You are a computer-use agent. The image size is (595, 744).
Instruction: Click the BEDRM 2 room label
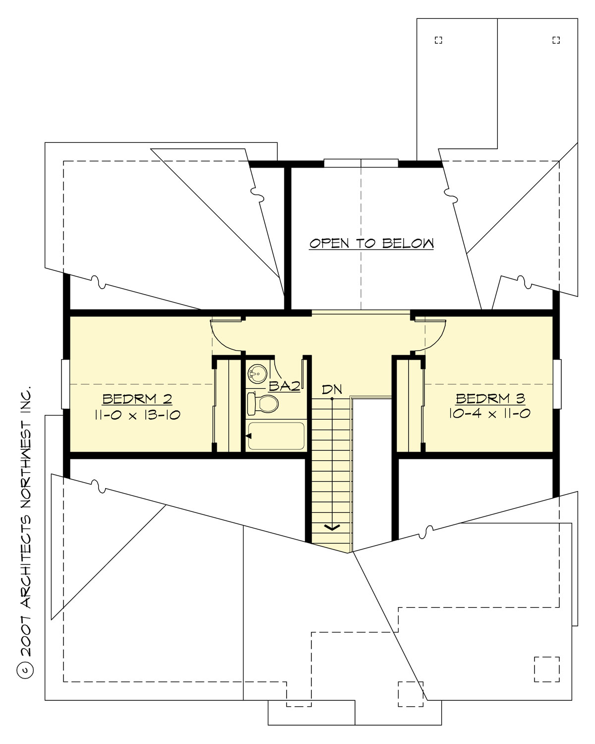pos(137,399)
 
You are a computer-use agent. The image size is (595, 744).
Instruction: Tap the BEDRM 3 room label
pos(490,398)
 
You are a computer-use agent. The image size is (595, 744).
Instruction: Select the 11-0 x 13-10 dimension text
pos(137,415)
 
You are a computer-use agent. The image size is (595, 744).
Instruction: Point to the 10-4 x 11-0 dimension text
pos(489,413)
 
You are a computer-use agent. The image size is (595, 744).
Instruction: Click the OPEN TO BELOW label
pos(371,244)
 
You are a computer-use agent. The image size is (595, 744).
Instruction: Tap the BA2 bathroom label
pos(284,386)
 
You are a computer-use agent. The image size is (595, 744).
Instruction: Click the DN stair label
pos(332,389)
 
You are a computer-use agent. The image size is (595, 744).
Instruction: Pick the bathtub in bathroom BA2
pos(276,436)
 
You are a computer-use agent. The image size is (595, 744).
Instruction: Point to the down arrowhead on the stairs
pos(332,527)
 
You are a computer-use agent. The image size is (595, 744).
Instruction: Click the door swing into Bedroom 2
pos(226,335)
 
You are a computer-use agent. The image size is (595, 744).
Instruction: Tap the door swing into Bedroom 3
pos(430,335)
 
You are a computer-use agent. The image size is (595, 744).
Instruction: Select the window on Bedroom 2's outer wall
pos(65,384)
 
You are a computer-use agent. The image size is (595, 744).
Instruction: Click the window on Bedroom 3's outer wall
pos(557,384)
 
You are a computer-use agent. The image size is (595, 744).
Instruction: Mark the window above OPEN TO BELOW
pos(361,163)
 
